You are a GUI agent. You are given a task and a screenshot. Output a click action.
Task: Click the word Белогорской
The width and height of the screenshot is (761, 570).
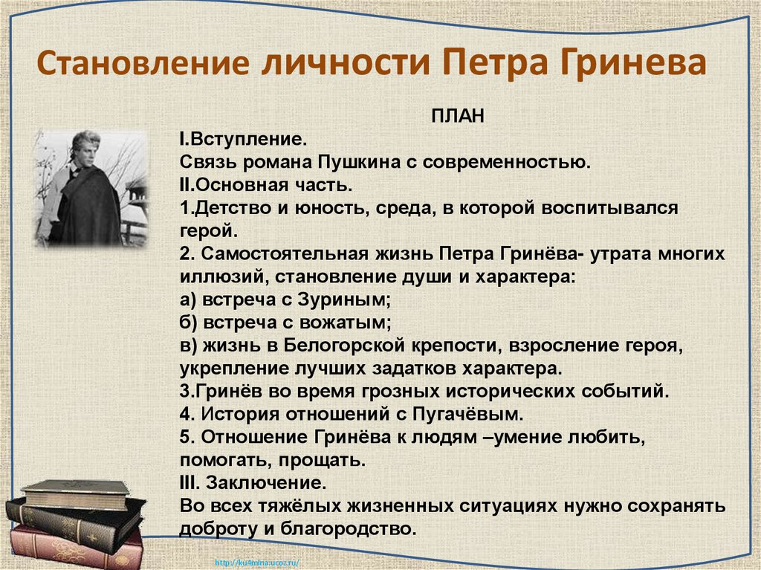click(331, 346)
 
